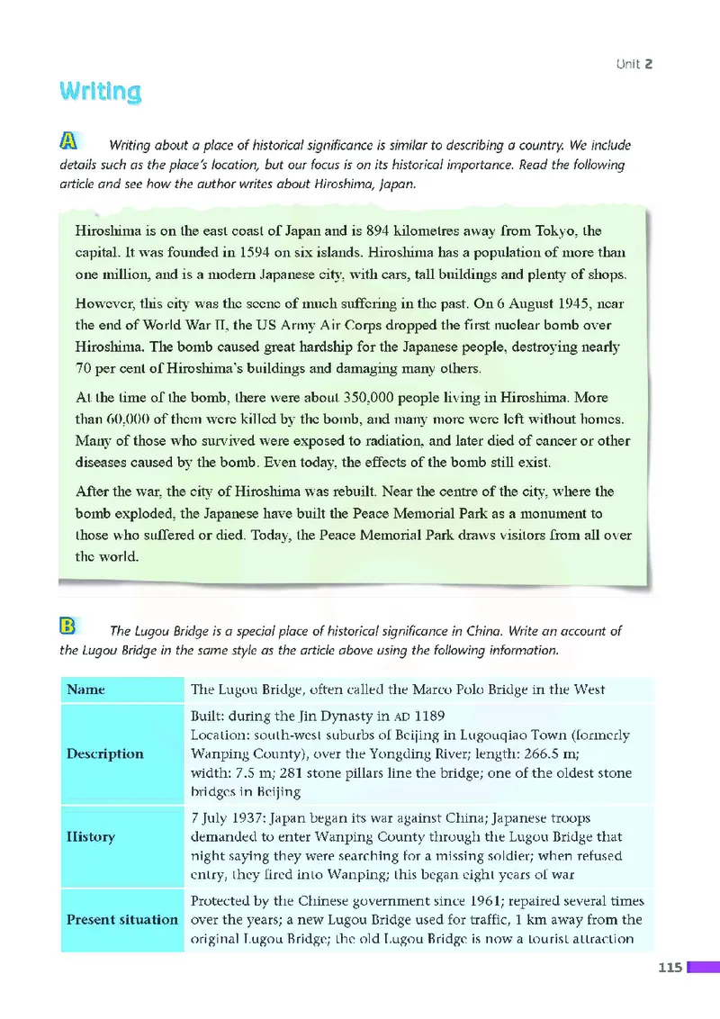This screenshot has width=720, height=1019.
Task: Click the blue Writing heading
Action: click(100, 92)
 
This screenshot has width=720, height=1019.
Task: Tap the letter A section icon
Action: click(68, 140)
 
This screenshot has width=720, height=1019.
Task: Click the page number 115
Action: click(670, 967)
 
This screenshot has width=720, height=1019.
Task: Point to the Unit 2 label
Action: click(634, 64)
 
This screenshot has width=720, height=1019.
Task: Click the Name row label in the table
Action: click(85, 690)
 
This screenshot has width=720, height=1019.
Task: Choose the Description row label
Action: click(104, 753)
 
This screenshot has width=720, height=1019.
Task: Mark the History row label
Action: click(91, 836)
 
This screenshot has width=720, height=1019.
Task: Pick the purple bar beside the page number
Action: click(704, 967)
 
